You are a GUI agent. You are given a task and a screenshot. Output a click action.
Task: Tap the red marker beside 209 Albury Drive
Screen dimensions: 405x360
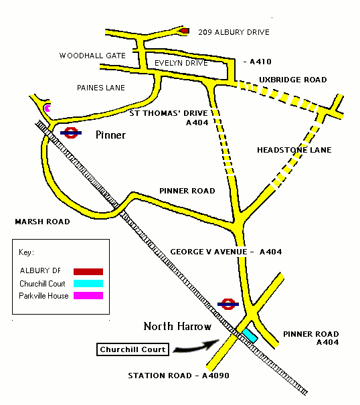185,31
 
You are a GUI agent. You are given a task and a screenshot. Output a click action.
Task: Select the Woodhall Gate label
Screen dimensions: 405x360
92,56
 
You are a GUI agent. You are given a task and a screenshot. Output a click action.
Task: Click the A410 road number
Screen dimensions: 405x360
260,62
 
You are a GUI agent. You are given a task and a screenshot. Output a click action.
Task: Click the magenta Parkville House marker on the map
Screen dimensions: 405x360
47,107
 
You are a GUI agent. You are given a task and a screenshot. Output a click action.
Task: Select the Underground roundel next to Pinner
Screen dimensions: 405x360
72,133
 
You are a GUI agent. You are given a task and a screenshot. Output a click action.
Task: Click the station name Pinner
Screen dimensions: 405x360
110,135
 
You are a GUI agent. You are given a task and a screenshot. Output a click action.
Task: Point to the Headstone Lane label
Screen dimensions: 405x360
294,150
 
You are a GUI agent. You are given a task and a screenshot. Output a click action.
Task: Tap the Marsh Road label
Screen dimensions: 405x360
42,221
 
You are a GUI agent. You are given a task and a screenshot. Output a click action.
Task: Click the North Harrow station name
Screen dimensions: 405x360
177,327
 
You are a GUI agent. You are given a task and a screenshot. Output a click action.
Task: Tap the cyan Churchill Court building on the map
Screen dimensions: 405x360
250,335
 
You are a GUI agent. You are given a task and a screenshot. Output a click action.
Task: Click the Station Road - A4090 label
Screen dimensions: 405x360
179,376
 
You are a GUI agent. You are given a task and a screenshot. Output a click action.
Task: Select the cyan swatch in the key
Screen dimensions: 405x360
89,283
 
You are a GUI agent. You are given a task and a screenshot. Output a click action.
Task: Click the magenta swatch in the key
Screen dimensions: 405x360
89,296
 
